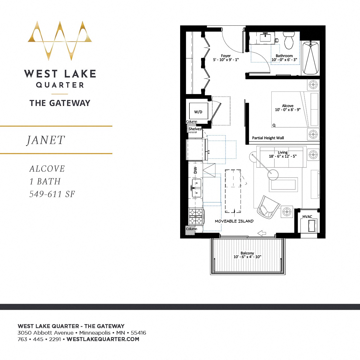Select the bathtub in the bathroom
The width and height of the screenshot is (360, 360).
coord(311,58)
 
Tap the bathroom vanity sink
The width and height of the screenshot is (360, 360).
coord(265,37)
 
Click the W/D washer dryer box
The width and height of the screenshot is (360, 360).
coord(198,112)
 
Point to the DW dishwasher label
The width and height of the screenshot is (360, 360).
coord(195,170)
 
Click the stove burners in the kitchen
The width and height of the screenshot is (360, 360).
coord(195,217)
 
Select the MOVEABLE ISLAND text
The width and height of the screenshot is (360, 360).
coord(234,221)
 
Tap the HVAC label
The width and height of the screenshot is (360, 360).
coord(307,217)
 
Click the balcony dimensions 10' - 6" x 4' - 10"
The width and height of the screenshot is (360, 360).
coord(247,257)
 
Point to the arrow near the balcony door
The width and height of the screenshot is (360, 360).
coord(262,233)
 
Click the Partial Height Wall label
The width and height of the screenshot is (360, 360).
coord(268,138)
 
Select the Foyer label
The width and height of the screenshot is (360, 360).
coord(226,56)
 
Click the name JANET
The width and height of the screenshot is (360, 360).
coord(46,140)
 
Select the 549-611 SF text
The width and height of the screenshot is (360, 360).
coord(52,194)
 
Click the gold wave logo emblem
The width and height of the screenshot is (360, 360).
coord(60,40)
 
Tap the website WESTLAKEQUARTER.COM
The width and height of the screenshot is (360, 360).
coord(103,339)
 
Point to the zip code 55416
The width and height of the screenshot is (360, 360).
coord(138,333)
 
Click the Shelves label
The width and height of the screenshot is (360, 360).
coord(195,129)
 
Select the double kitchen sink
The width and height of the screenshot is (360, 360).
coord(197,188)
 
